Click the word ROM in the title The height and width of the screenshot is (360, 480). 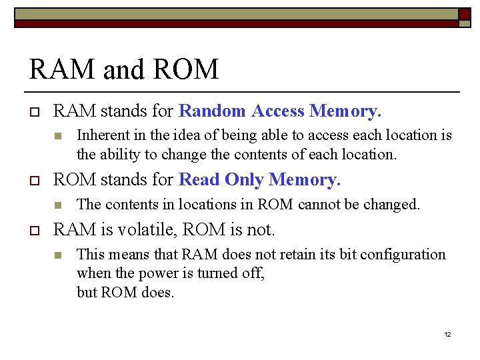[x=188, y=69]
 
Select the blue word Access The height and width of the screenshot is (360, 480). [x=277, y=111]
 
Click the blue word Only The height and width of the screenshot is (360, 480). [x=243, y=180]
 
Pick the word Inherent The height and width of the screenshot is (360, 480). [x=102, y=135]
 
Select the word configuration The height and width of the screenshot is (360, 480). [x=401, y=255]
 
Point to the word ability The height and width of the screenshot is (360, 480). [x=120, y=155]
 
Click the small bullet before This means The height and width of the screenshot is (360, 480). [x=58, y=255]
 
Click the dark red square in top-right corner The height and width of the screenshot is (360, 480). [x=464, y=13]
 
